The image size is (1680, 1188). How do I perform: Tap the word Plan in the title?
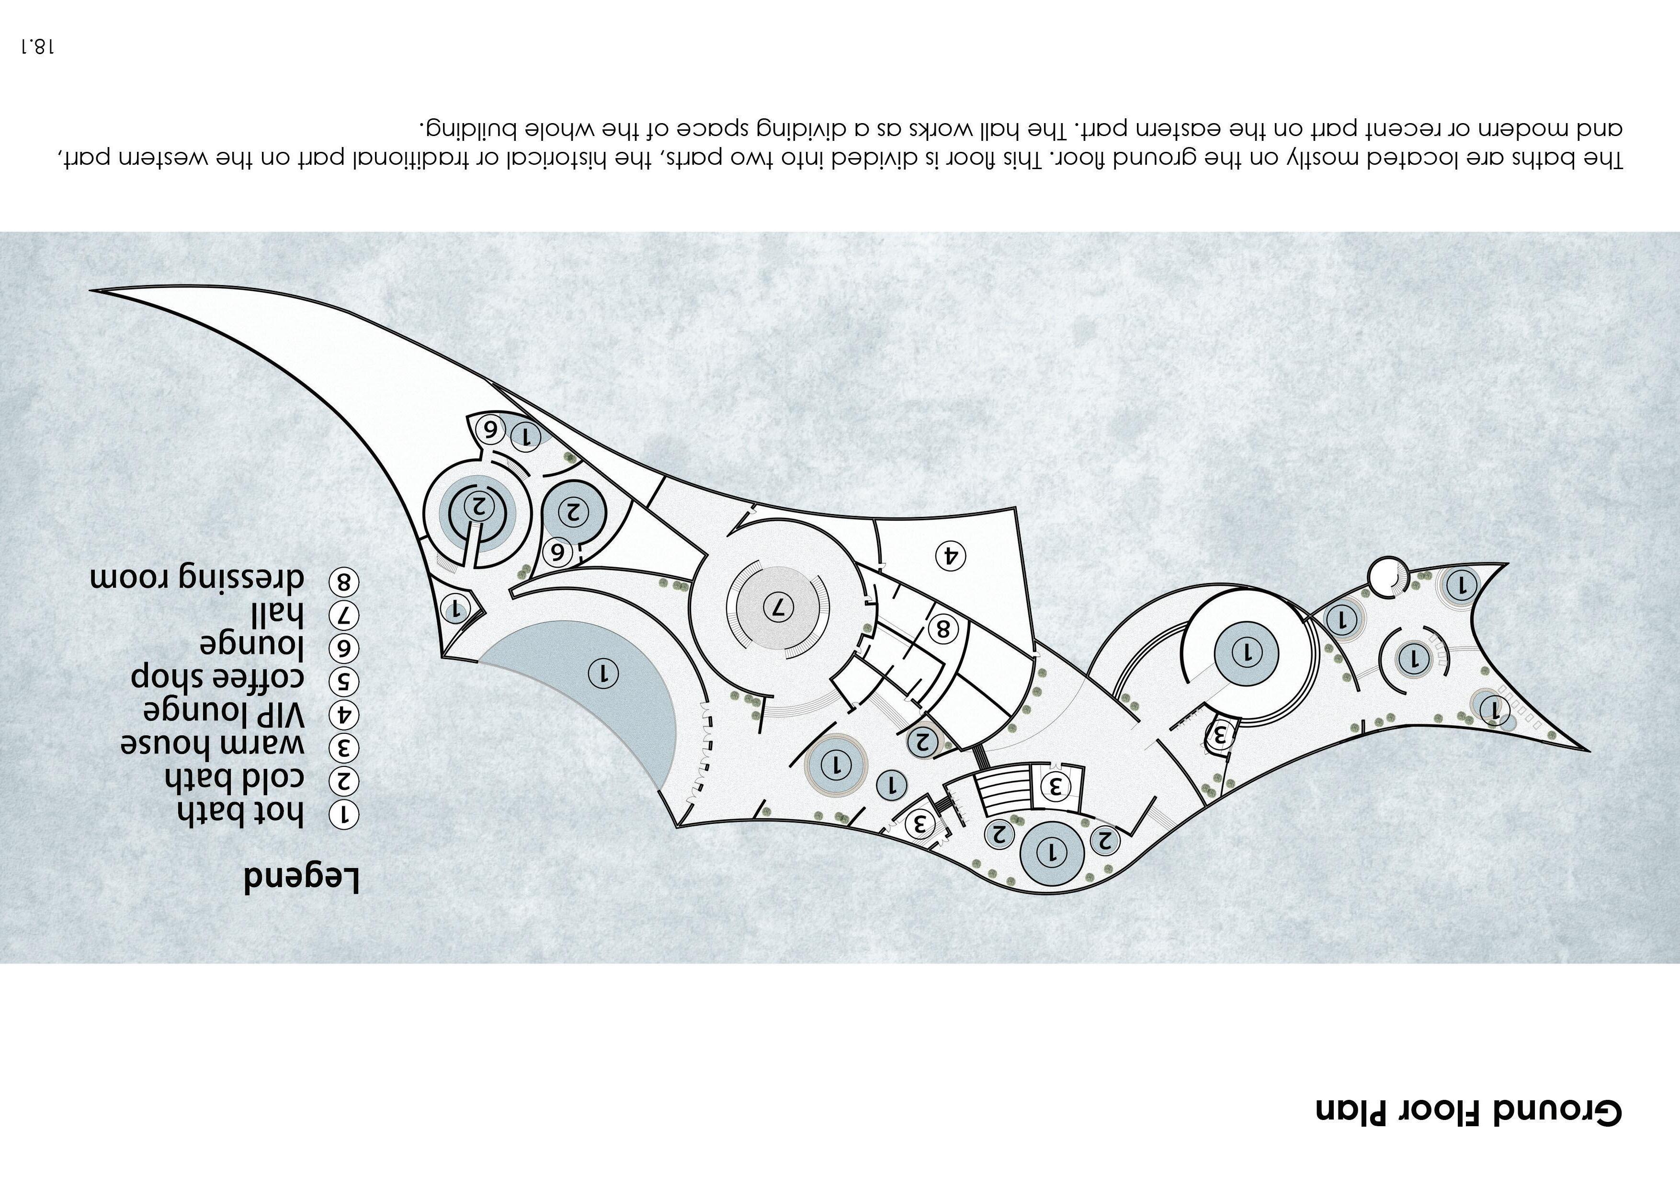[1354, 1131]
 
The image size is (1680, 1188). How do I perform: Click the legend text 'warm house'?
[212, 745]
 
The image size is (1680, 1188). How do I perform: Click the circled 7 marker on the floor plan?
[778, 606]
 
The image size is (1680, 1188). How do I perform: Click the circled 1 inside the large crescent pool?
[603, 672]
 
